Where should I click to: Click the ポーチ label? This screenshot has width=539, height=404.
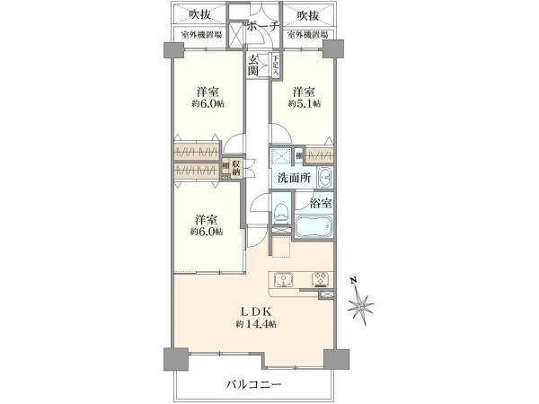(262, 25)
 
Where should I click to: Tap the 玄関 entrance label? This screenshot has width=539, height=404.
(253, 66)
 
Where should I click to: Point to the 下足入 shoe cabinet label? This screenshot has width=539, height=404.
(275, 65)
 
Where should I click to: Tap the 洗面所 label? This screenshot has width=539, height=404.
(294, 178)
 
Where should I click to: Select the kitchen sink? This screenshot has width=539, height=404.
(281, 278)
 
